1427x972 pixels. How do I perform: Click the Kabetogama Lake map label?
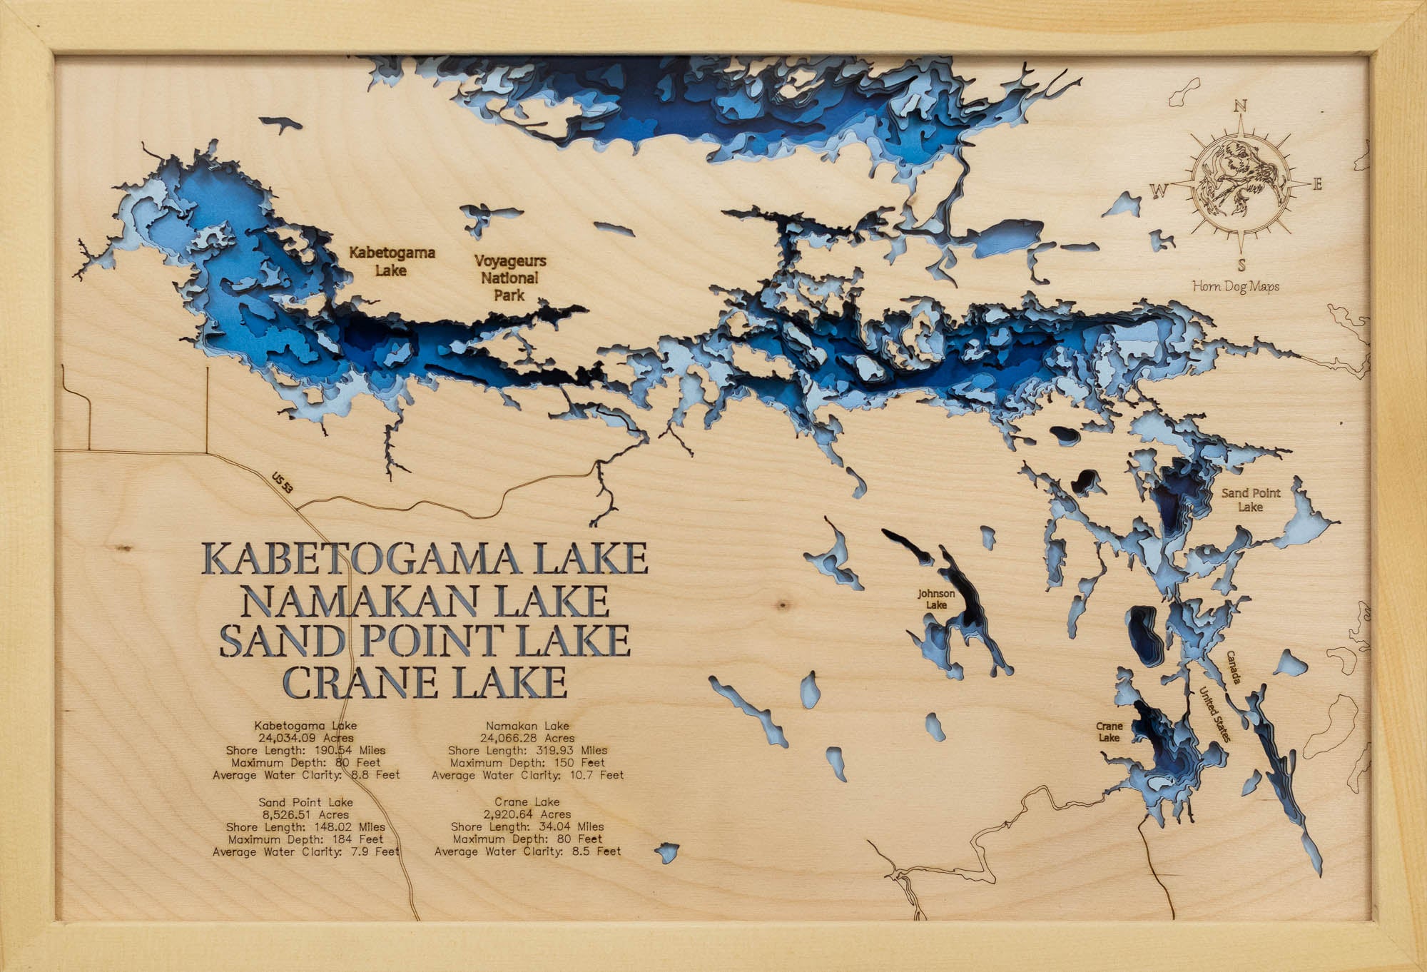392,261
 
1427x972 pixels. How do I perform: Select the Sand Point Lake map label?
1251,500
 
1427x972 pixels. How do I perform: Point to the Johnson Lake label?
936,599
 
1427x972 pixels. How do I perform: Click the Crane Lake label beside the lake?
1109,731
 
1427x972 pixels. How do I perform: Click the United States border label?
1214,714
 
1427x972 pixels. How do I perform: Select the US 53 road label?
283,483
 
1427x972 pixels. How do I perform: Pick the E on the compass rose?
1318,185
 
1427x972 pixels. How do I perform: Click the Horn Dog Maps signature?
1236,286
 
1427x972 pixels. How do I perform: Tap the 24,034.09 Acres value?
306,738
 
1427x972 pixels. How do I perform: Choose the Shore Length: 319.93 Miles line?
528,750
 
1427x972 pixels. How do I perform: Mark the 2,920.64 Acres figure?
527,814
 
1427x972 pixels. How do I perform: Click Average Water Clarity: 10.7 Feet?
528,774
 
